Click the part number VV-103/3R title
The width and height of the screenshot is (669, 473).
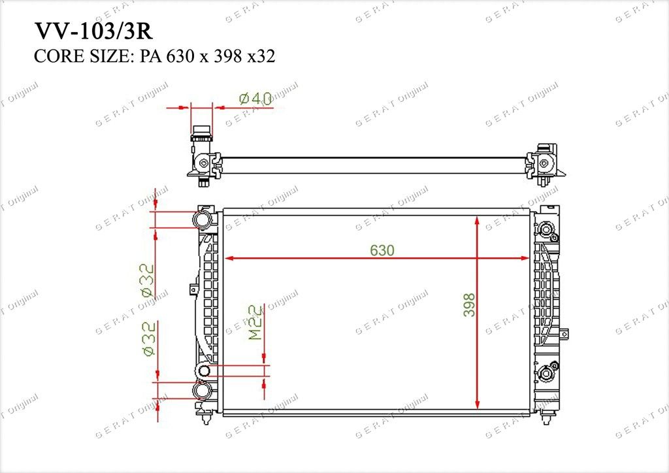click(x=93, y=31)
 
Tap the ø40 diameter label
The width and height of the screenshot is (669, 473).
click(x=255, y=99)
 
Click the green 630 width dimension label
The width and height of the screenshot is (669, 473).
click(x=382, y=250)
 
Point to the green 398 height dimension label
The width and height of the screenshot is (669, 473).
click(x=469, y=304)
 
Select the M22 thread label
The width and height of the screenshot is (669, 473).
click(x=255, y=322)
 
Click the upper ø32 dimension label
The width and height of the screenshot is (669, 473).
click(x=147, y=280)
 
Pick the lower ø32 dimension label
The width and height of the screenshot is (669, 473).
click(x=148, y=339)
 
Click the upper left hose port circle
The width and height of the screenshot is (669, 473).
click(x=203, y=220)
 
